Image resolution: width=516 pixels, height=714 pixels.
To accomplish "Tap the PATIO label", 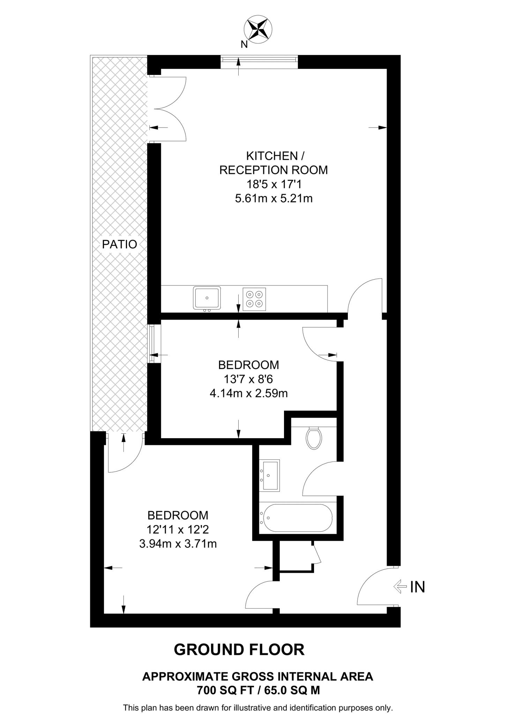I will click(119, 244).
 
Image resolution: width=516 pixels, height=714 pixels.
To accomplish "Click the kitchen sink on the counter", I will click(207, 298).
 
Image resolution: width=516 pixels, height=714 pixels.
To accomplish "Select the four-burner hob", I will click(254, 299).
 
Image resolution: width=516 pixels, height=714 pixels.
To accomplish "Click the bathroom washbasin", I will click(269, 475).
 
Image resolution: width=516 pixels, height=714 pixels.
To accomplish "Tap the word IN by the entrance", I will click(417, 587).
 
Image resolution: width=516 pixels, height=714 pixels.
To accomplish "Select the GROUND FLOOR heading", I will click(239, 650).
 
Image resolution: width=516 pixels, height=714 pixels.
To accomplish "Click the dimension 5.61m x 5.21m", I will click(274, 199).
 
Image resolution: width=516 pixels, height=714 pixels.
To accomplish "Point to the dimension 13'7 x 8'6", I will click(248, 379).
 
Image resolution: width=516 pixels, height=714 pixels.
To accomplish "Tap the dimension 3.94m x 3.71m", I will click(178, 544).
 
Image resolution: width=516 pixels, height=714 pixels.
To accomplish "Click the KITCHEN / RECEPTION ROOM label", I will click(274, 163).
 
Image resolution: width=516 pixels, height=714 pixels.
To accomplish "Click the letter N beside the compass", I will click(244, 44).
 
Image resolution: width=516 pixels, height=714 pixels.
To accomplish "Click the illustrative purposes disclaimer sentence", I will click(258, 708).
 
